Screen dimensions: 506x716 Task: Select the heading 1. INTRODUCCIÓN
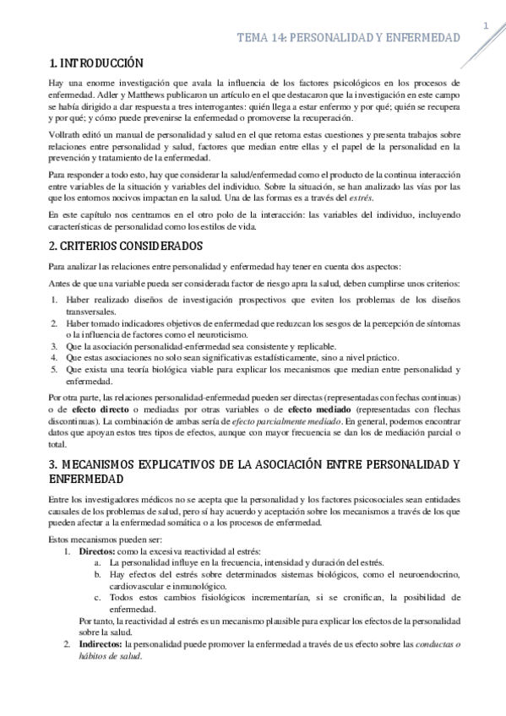pyautogui.click(x=96, y=63)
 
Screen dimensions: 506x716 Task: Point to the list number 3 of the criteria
pyautogui.click(x=52, y=345)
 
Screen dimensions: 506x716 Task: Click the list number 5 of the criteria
pyautogui.click(x=52, y=369)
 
